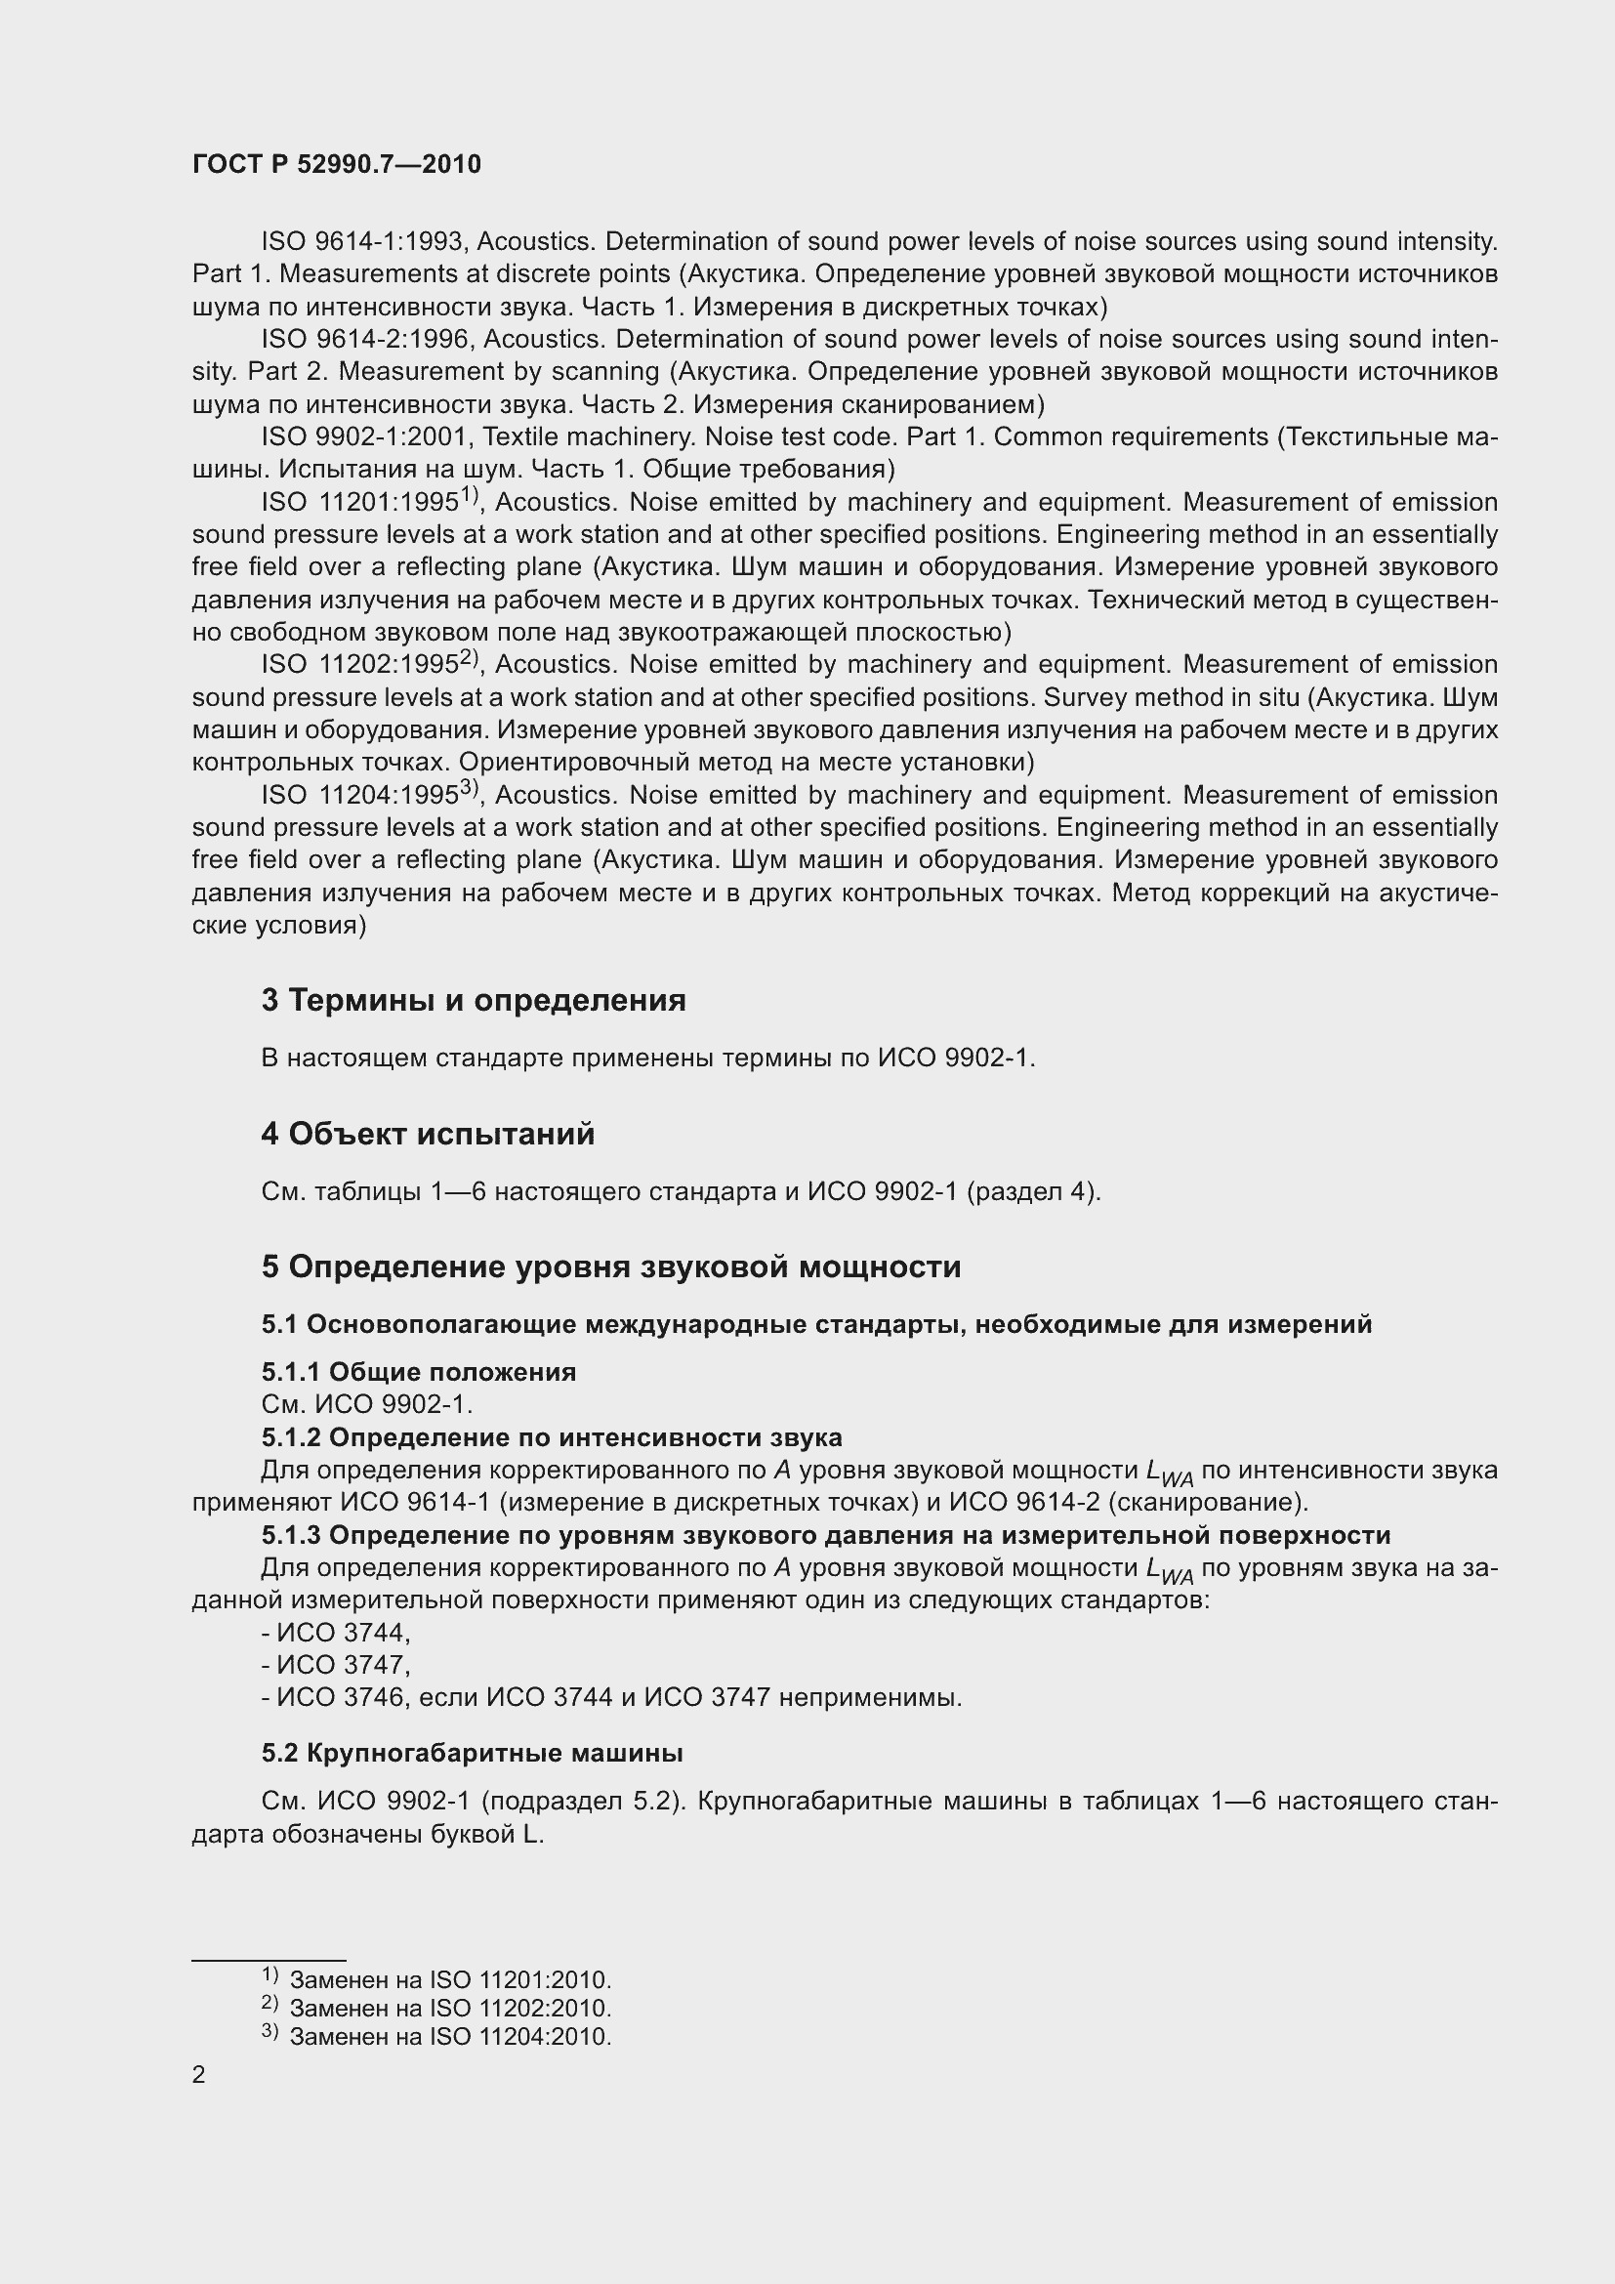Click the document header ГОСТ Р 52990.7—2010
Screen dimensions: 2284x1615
[x=336, y=164]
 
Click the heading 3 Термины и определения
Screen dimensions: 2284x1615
[x=474, y=1000]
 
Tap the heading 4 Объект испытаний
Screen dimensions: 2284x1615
[x=428, y=1133]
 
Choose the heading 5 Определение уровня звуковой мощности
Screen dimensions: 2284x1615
[x=610, y=1267]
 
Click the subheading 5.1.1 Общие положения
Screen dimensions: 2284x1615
[x=419, y=1372]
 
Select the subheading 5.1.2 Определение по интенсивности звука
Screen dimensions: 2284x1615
[x=551, y=1437]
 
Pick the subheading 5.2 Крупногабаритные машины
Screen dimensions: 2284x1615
[x=472, y=1753]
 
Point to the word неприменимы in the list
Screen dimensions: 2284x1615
[x=869, y=1697]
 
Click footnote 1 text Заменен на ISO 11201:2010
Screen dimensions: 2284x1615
[x=449, y=1980]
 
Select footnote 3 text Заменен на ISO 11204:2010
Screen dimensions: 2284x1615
[x=449, y=2036]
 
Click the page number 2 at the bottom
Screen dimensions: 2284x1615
[x=199, y=2075]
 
